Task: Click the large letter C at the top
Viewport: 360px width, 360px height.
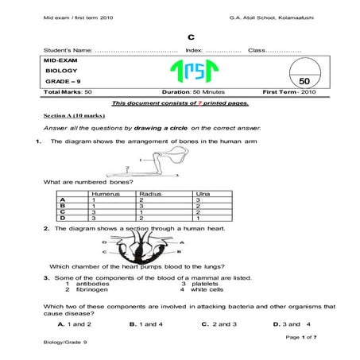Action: pyautogui.click(x=190, y=37)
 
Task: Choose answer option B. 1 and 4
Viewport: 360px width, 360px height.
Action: pyautogui.click(x=145, y=325)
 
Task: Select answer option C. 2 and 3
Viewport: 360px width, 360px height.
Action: pyautogui.click(x=216, y=325)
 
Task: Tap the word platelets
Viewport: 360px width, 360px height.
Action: pyautogui.click(x=205, y=284)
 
